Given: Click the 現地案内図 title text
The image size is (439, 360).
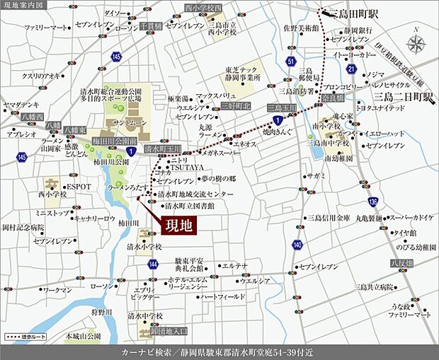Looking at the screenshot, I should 23,5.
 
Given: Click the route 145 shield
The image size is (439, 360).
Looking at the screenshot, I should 22,156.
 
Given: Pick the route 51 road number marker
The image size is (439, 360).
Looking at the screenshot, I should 291,62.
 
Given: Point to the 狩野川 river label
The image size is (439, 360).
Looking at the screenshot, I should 102,311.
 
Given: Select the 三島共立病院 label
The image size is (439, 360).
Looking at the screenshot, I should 375,287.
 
